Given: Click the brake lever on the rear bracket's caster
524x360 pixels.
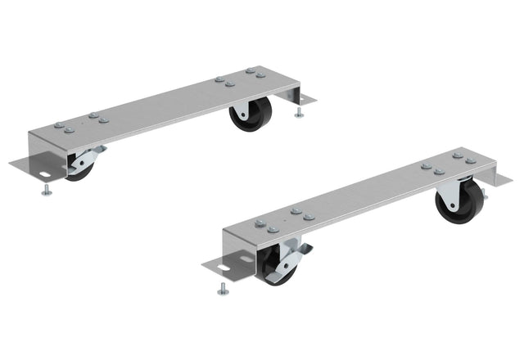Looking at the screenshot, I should pos(88,157).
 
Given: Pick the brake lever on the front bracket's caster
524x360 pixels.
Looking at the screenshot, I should pos(290,260).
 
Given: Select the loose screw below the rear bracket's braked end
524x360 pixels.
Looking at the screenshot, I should pos(45,191).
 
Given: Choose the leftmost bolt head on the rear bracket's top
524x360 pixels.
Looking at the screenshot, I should pos(59,126).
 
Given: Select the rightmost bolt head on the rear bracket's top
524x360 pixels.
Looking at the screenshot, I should pos(260,75).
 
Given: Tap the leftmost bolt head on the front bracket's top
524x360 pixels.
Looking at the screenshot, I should pos(260,223).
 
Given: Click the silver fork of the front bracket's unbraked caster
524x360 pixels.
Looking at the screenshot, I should pos(447,193).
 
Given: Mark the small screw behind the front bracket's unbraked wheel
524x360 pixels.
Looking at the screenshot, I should pos(484,196).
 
